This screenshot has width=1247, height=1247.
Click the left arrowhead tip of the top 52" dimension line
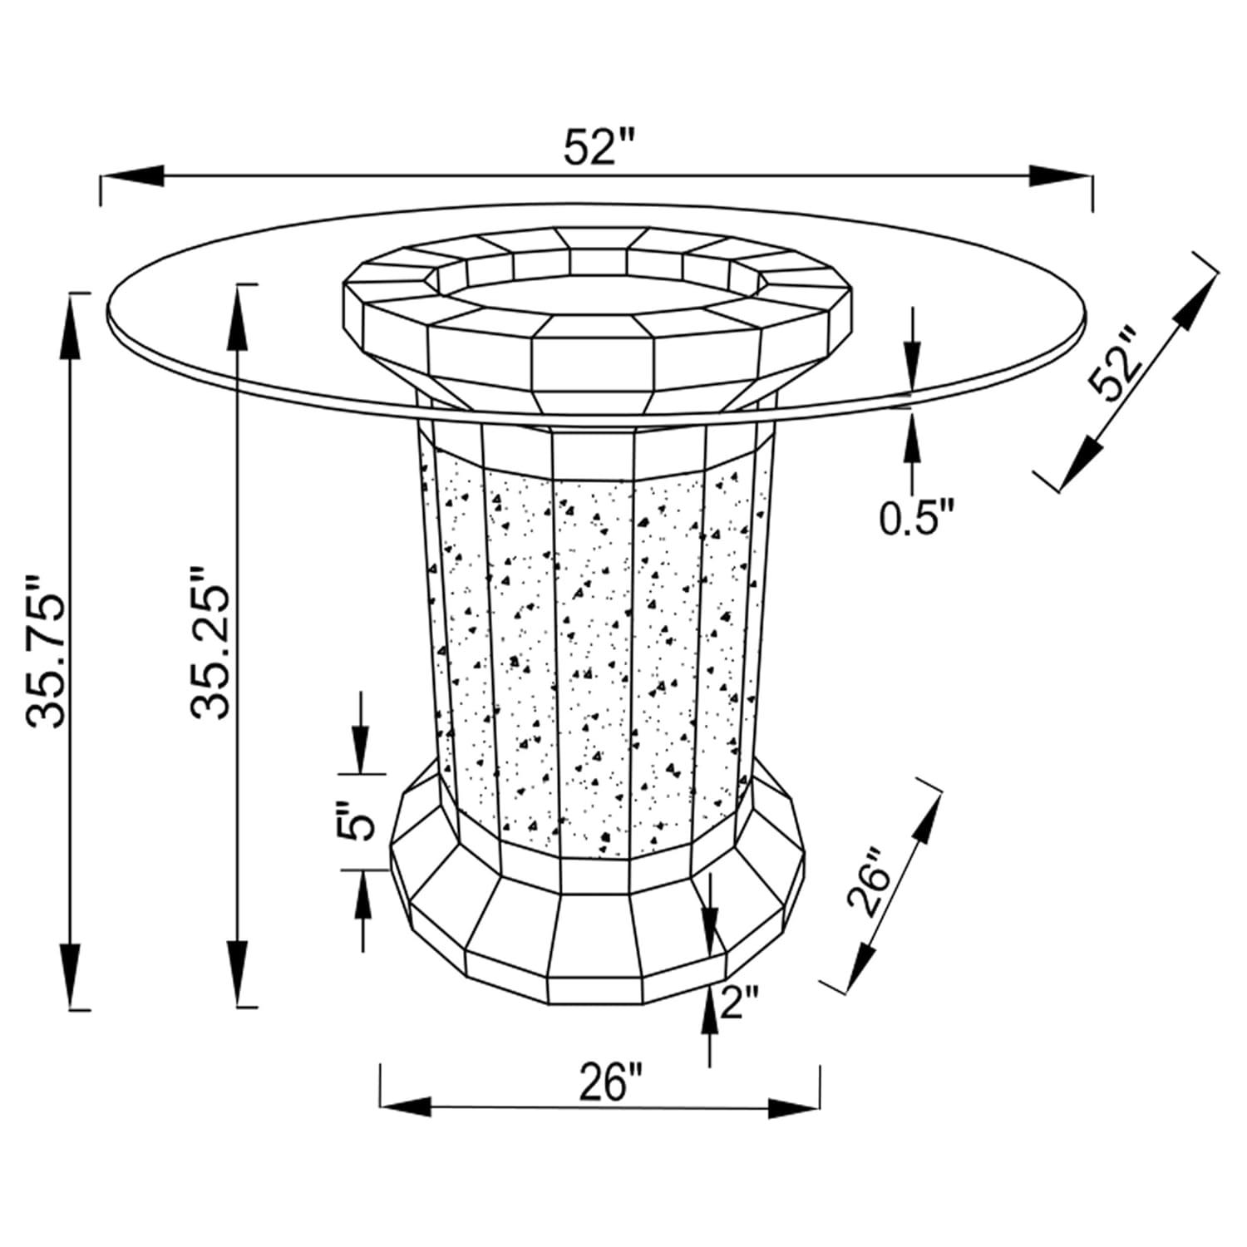tap(101, 175)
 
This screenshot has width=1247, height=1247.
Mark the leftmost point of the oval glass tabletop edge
tap(109, 308)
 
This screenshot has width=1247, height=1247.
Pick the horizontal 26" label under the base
tap(611, 1082)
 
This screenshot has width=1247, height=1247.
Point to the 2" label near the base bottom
tap(738, 1003)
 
